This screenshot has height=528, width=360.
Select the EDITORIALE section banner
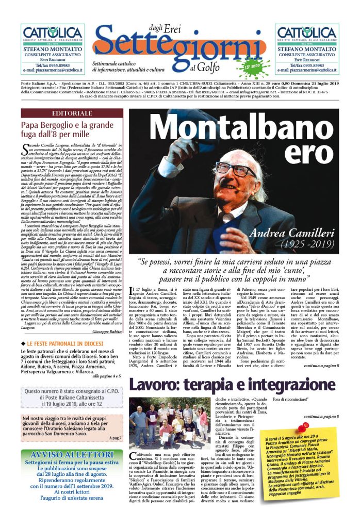(x=72, y=113)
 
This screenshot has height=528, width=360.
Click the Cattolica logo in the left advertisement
(x=52, y=33)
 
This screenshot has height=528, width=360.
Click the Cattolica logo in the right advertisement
(x=307, y=33)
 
